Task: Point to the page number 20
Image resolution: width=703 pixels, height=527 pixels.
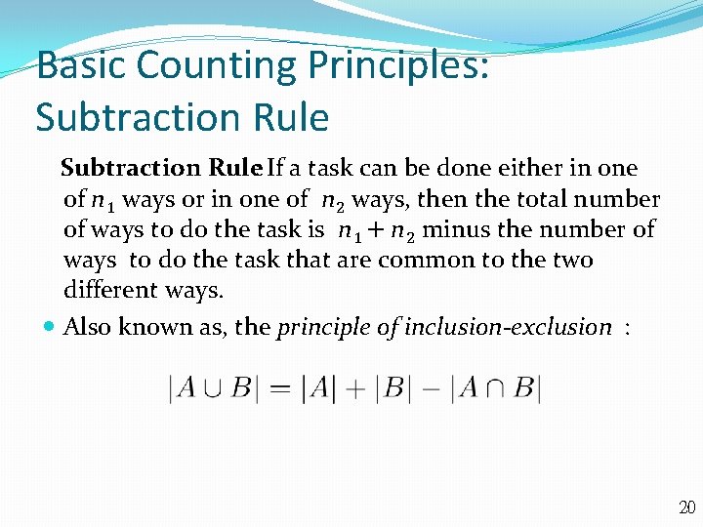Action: click(x=686, y=507)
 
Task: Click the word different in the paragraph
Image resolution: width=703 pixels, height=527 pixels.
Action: click(x=106, y=290)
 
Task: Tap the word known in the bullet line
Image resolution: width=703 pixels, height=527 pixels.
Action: click(x=145, y=327)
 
